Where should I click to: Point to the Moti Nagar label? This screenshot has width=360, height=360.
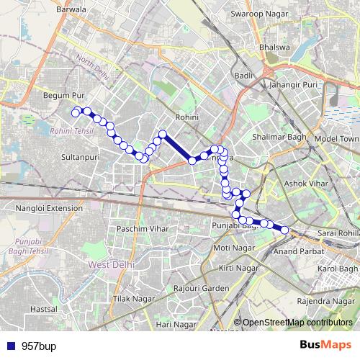click(x=230, y=248)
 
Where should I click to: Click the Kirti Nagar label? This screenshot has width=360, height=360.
click(x=238, y=268)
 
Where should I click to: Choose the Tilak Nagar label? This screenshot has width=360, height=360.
click(x=135, y=298)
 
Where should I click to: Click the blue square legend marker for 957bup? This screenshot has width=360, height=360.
click(x=9, y=346)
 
